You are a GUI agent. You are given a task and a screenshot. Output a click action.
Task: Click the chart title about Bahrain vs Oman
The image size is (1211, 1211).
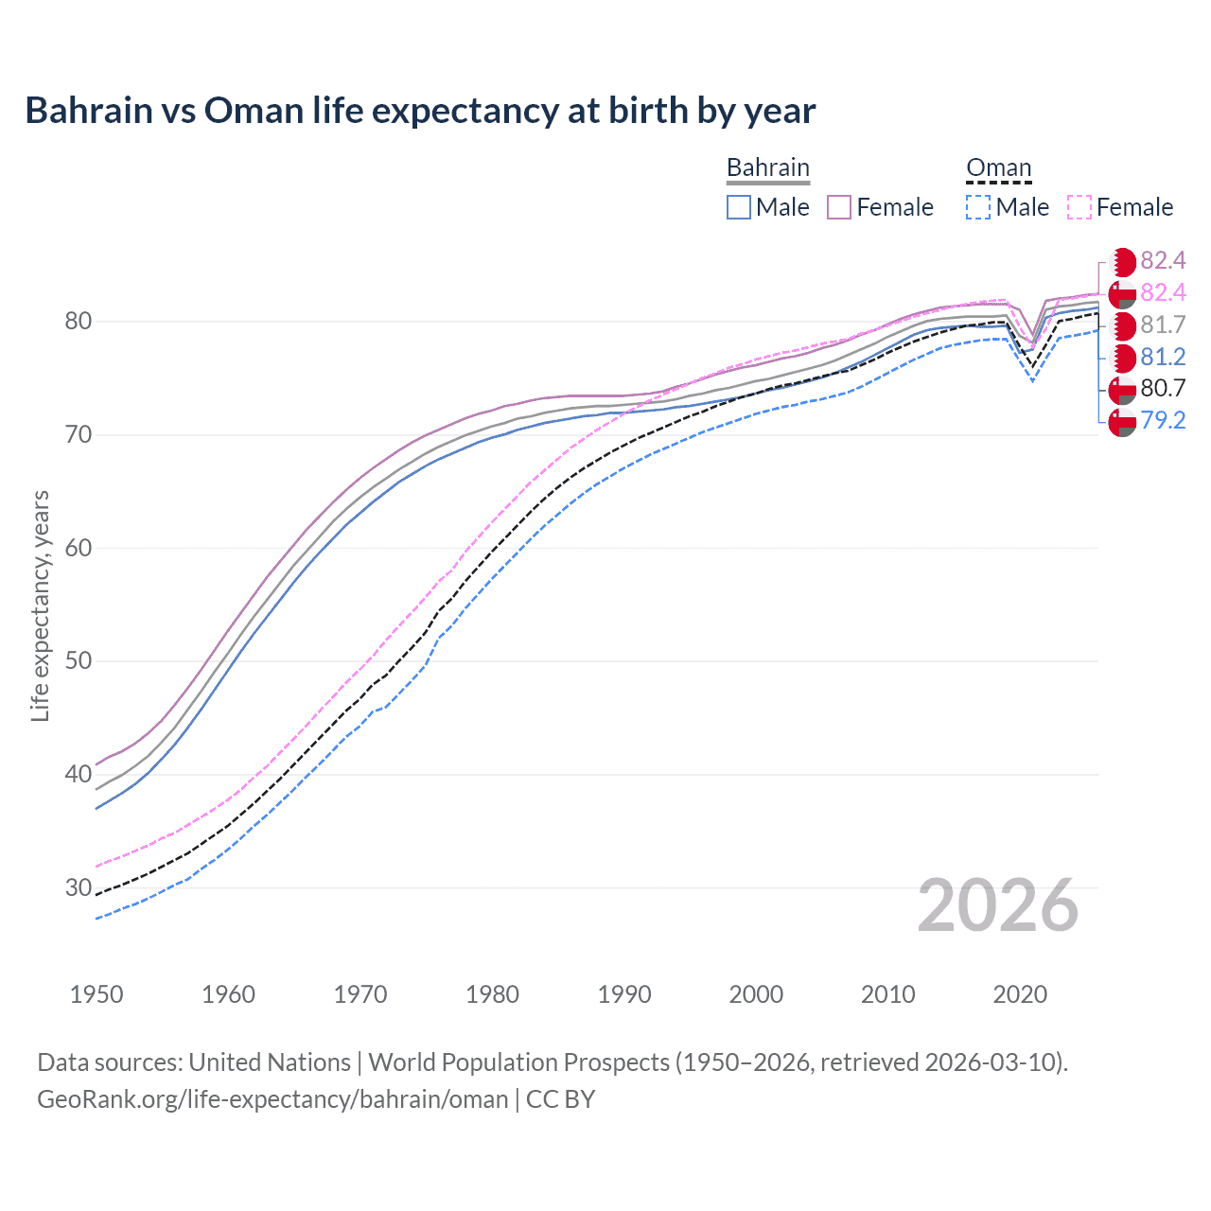420,111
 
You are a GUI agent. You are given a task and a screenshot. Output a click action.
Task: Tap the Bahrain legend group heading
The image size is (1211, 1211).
767,167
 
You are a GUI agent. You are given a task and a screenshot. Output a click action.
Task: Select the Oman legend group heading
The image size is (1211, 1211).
998,167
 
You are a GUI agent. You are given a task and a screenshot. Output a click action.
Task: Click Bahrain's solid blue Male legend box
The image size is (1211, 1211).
739,207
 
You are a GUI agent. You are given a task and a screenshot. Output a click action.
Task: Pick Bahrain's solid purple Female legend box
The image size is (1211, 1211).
839,207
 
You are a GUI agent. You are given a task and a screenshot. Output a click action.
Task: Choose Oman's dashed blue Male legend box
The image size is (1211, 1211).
978,207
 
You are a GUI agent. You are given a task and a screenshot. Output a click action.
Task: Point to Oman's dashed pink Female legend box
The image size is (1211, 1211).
1079,207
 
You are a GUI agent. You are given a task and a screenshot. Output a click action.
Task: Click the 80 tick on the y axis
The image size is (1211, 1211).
78,322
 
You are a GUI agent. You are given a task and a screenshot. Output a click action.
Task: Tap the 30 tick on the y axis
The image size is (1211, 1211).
78,887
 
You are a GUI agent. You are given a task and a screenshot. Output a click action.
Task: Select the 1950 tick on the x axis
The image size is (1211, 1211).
97,994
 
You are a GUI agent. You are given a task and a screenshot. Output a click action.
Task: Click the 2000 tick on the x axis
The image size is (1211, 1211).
756,994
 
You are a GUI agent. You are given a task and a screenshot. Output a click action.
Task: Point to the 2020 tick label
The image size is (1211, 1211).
1020,994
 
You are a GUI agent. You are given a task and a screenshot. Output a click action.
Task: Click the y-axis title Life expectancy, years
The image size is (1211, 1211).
40,605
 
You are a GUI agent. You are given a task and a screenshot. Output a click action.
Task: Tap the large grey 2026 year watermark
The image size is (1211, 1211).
998,906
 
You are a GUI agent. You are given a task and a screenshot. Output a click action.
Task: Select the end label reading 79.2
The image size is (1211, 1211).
1163,421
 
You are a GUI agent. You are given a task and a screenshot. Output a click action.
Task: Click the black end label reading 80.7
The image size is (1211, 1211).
1163,389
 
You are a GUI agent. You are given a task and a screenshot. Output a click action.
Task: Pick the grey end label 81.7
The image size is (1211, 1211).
1163,325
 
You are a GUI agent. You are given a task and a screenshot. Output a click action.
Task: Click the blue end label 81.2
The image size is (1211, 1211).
1163,358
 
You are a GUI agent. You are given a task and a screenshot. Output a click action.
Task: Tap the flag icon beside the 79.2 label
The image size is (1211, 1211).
1122,422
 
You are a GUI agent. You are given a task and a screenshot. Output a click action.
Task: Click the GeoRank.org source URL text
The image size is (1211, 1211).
272,1099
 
